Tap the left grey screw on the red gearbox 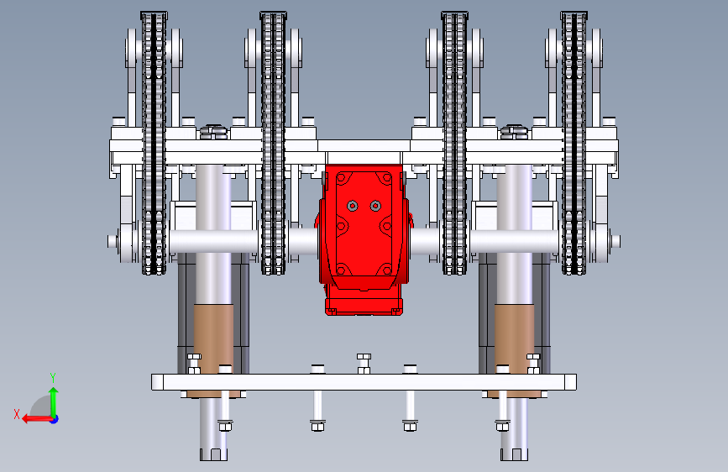click(353, 205)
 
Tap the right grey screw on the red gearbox click(375, 205)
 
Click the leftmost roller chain click(154, 143)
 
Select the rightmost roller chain click(573, 143)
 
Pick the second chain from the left click(273, 143)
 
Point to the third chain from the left click(454, 143)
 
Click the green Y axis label click(53, 377)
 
